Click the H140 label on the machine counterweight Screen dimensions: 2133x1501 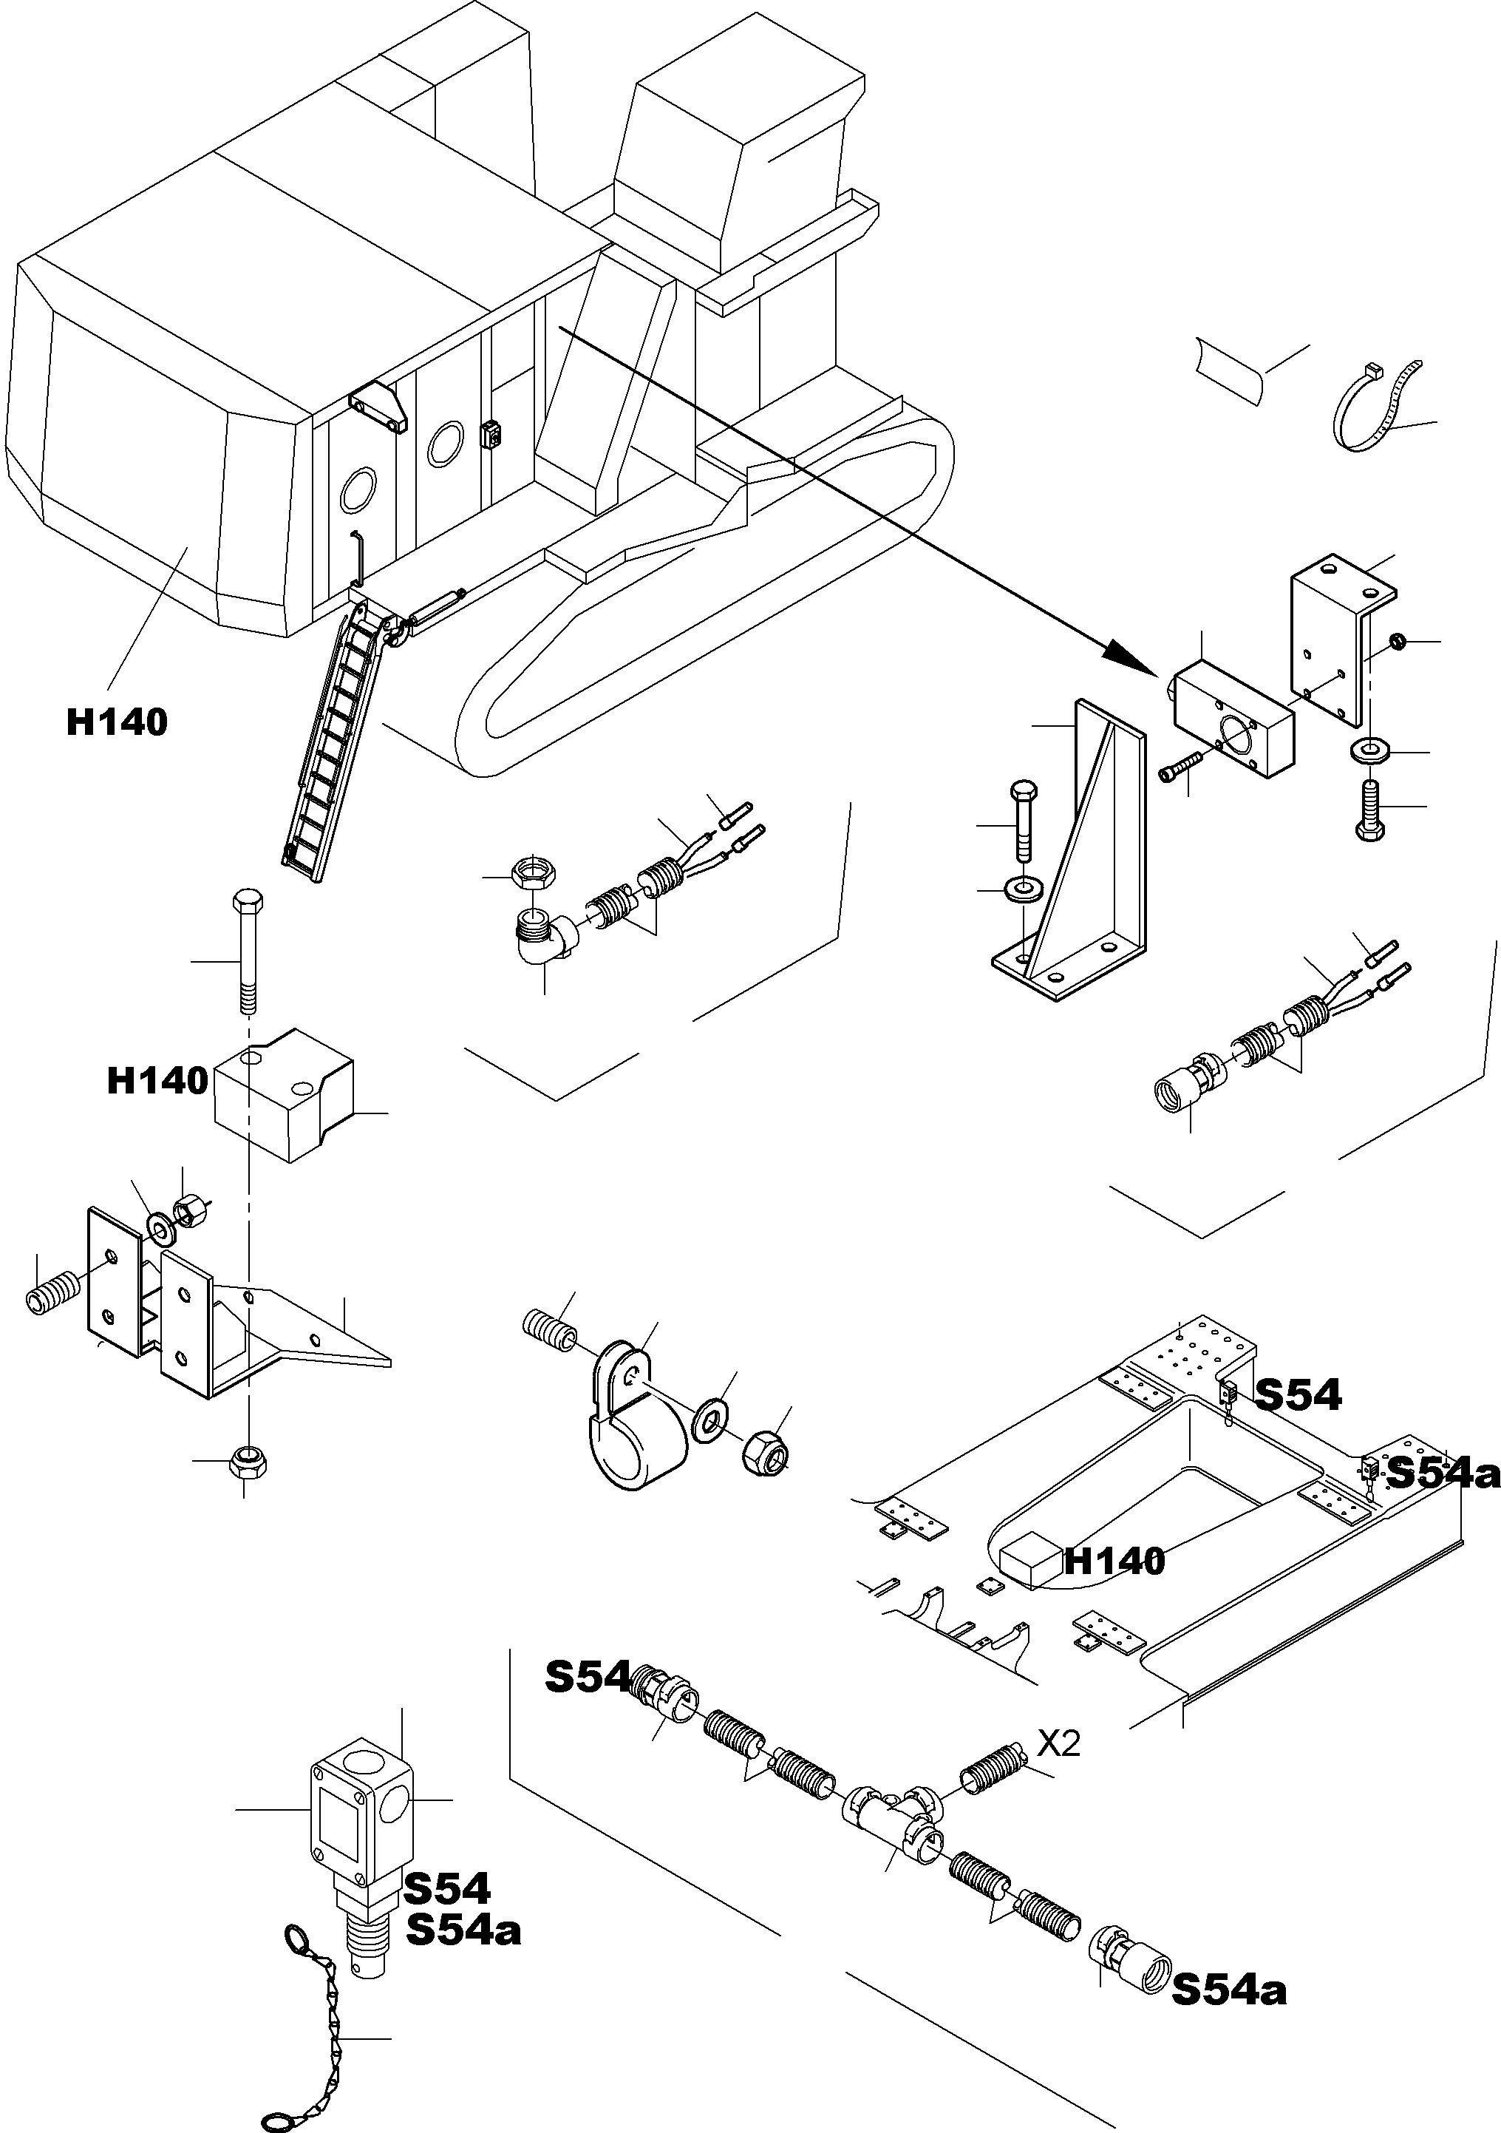[116, 722]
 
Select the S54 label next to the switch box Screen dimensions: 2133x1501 [446, 1888]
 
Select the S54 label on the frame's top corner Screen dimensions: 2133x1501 [1298, 1394]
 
